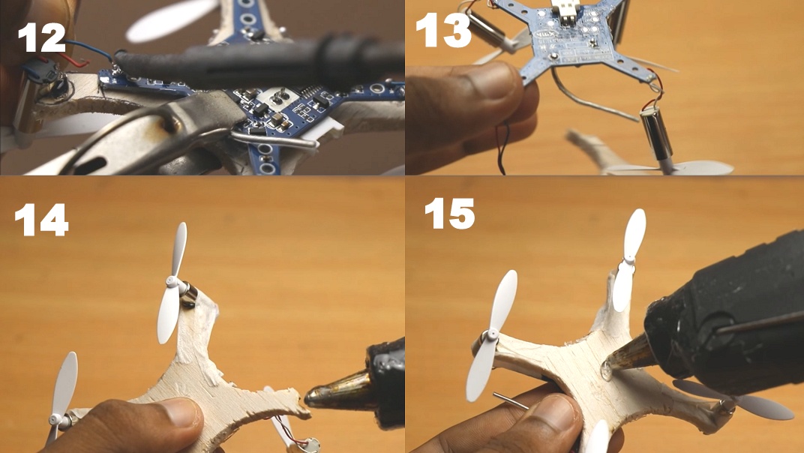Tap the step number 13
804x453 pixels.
(x=442, y=31)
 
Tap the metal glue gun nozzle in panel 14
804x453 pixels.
(x=333, y=396)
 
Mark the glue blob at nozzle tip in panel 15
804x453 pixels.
(x=607, y=369)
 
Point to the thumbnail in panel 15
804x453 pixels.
(x=559, y=411)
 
